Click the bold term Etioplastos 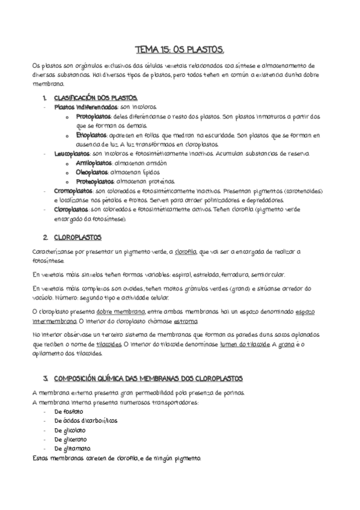(91, 135)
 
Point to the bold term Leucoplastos (72, 154)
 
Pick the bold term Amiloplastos (94, 163)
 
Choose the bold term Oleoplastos (93, 172)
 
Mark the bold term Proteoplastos (95, 181)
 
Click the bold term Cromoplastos (73, 191)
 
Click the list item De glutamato (72, 448)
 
